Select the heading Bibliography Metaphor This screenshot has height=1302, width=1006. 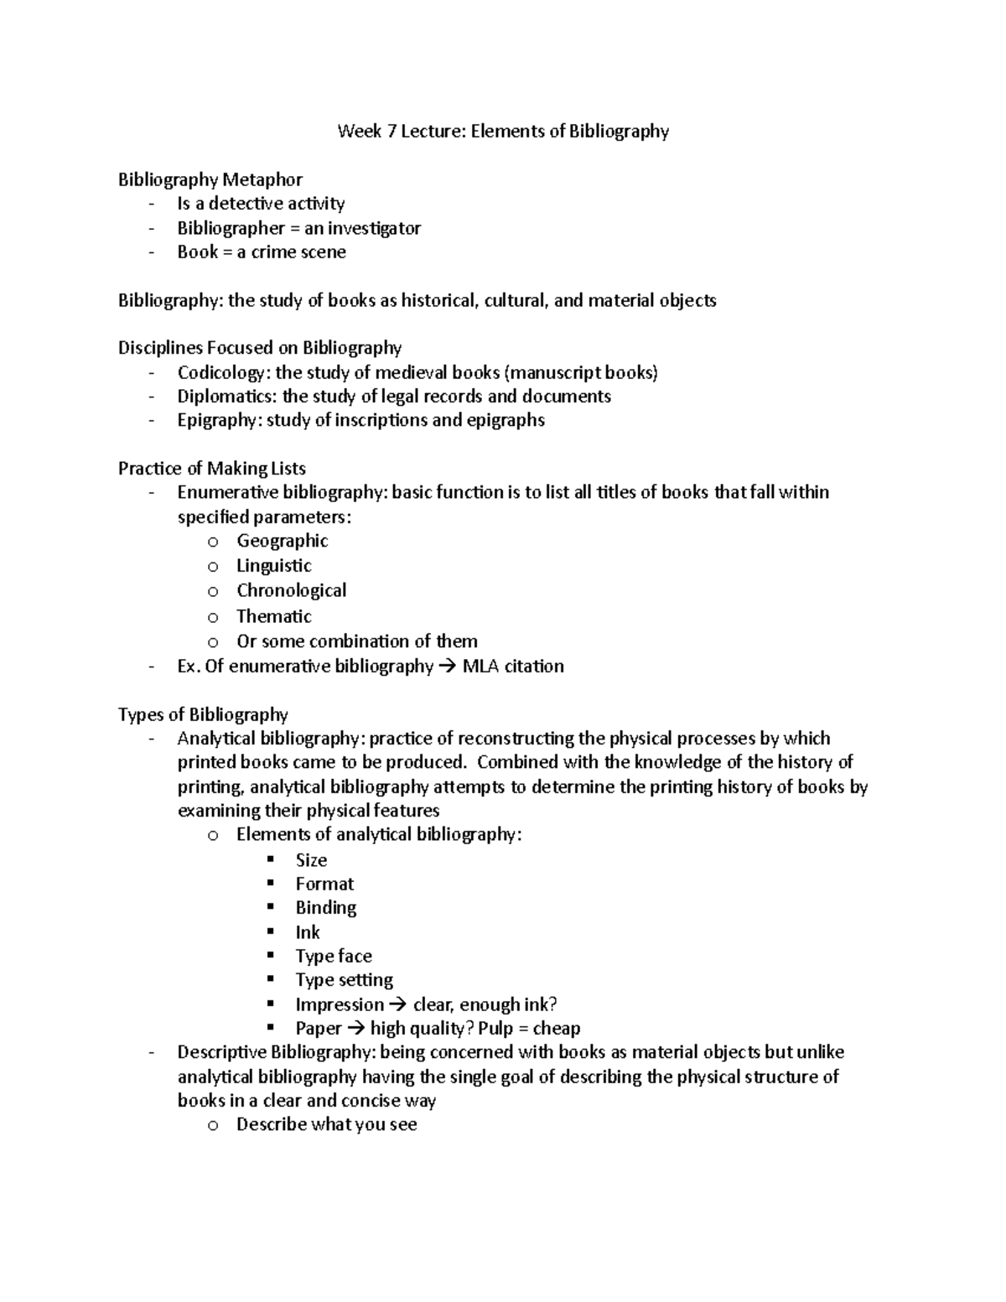[x=210, y=179]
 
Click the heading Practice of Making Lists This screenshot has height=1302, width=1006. [x=212, y=469]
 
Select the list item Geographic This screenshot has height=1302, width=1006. [x=282, y=541]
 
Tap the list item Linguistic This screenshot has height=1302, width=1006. [x=273, y=566]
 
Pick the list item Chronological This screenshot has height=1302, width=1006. [x=291, y=590]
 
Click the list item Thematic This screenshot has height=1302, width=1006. [x=273, y=616]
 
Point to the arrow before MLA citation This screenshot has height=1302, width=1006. [x=449, y=667]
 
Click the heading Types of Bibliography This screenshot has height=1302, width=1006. [x=203, y=714]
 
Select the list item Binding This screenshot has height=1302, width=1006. [x=325, y=908]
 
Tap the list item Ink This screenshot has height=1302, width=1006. [x=308, y=932]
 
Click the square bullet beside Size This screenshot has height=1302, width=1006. [x=270, y=859]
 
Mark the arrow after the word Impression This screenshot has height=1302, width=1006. [x=398, y=1004]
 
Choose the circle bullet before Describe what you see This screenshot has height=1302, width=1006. [x=213, y=1125]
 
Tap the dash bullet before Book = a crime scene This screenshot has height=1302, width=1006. [x=151, y=252]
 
